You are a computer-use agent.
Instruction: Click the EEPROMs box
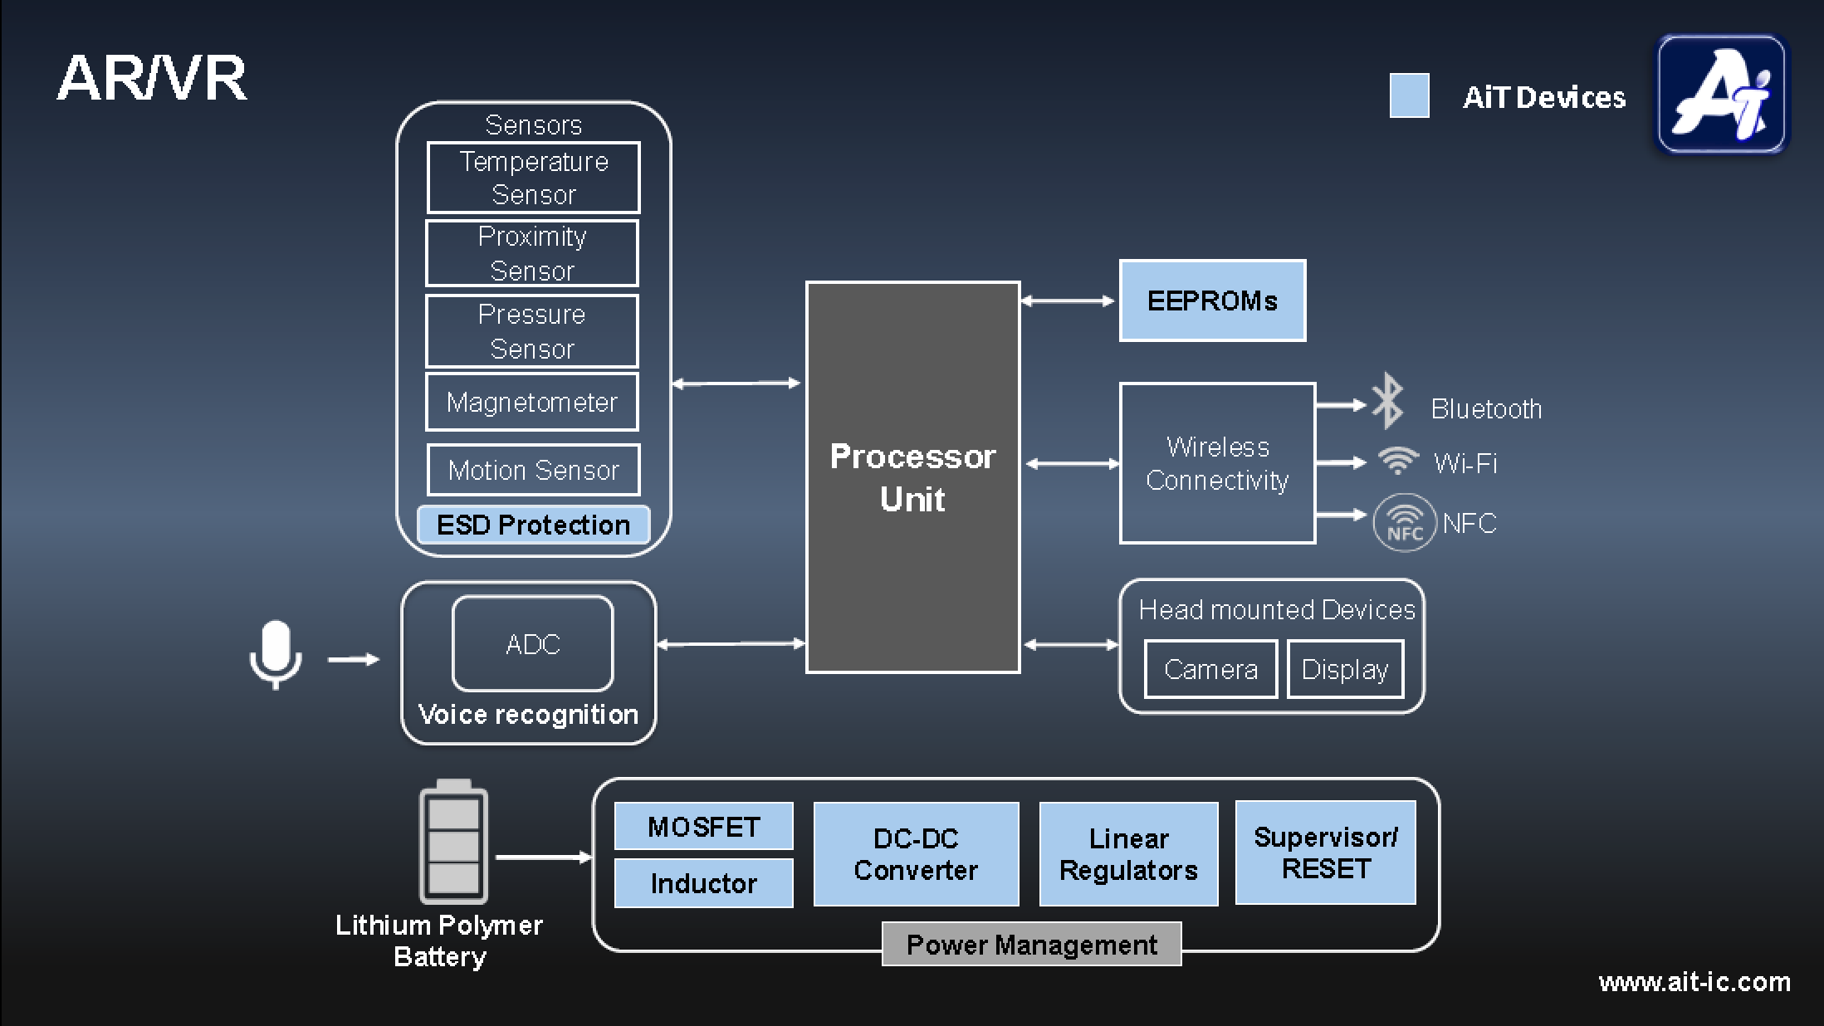pos(1212,300)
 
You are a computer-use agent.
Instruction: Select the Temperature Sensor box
pos(533,178)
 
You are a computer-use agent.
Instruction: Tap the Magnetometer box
pos(532,403)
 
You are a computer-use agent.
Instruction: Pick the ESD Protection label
pos(533,525)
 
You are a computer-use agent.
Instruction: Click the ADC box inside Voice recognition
pos(532,644)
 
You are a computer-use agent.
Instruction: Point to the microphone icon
pos(276,654)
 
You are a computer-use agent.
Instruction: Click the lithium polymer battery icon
pos(453,843)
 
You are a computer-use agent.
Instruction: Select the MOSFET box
pos(703,827)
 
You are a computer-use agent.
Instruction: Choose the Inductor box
pos(703,883)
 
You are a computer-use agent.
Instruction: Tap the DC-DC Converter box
pos(916,854)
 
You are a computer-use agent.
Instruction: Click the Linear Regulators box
pos(1128,854)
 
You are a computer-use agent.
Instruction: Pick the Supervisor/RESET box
pos(1325,853)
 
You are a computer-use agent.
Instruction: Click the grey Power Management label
pos(1031,945)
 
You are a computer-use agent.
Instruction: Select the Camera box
pos(1210,669)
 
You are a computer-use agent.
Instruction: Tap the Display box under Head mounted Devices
pos(1345,669)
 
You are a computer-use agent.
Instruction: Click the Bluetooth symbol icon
pos(1387,401)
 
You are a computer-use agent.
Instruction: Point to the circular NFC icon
pos(1405,523)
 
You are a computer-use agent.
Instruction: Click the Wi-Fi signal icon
pos(1398,461)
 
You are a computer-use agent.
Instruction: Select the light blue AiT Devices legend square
pos(1409,96)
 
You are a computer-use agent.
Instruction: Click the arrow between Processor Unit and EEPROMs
pos(1068,301)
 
